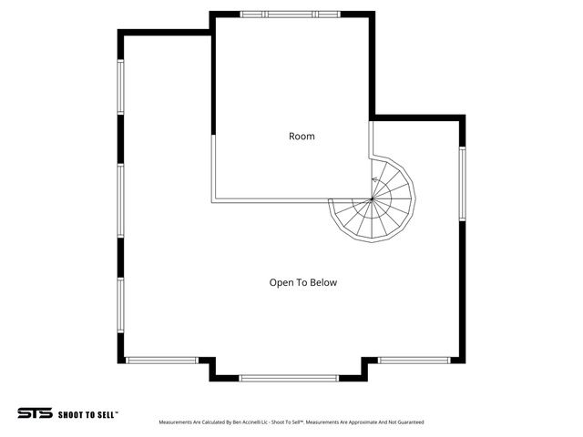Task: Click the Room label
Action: click(x=302, y=137)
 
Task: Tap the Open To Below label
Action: click(x=302, y=282)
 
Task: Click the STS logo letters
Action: click(x=35, y=412)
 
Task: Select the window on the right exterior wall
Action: click(x=462, y=183)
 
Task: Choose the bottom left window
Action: click(x=161, y=360)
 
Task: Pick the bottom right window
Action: click(x=414, y=360)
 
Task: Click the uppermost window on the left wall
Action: click(x=120, y=86)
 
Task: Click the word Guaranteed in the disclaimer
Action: click(x=407, y=422)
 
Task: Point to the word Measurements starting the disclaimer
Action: click(x=177, y=422)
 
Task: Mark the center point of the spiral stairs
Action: click(x=372, y=198)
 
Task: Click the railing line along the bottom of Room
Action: click(x=273, y=200)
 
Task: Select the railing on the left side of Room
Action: click(x=213, y=168)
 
